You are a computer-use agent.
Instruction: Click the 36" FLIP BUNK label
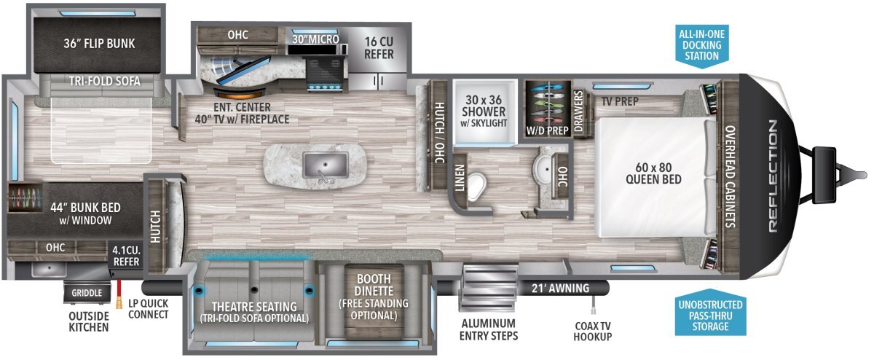click(99, 43)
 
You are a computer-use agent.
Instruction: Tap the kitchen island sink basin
click(326, 165)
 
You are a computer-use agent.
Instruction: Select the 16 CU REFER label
click(379, 47)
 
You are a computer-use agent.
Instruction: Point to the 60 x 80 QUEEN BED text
click(653, 173)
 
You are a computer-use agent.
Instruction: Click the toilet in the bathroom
click(476, 186)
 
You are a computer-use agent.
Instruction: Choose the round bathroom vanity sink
click(545, 169)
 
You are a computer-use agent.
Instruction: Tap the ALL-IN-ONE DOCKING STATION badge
click(702, 46)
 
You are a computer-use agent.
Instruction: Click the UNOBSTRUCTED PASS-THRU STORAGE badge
click(711, 313)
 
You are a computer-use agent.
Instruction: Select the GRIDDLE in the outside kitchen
click(87, 293)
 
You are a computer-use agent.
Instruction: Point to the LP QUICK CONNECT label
click(149, 309)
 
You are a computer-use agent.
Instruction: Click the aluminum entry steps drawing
click(489, 288)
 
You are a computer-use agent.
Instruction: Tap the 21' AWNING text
click(560, 289)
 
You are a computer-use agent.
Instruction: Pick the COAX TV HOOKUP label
click(593, 331)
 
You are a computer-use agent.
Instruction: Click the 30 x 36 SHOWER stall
click(484, 112)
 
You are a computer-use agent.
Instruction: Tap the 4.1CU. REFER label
click(126, 256)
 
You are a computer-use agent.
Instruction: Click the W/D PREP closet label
click(547, 130)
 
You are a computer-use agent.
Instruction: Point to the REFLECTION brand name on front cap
click(773, 176)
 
